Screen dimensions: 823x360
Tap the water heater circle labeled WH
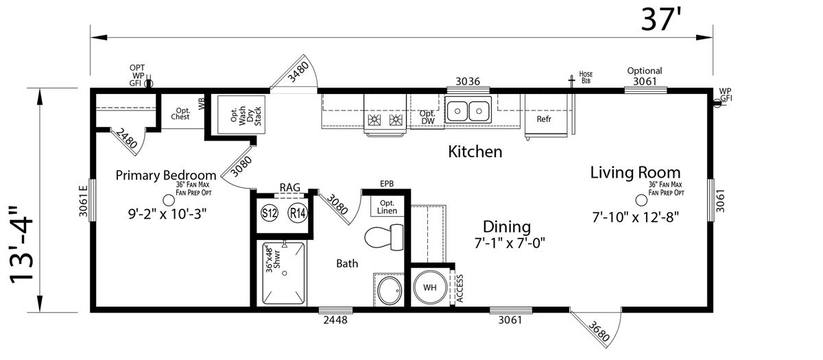point(430,287)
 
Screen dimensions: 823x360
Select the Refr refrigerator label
point(544,119)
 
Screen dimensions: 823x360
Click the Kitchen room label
point(475,152)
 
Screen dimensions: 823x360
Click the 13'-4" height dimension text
point(21,245)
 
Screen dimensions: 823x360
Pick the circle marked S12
point(270,213)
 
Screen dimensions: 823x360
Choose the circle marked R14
point(297,213)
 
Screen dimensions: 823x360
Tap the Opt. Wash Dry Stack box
point(241,115)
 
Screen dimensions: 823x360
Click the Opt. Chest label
point(180,114)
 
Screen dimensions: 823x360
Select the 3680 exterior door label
point(599,331)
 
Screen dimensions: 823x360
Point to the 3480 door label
point(298,72)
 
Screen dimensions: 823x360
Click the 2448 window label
point(335,320)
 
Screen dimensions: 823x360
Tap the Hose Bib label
point(586,77)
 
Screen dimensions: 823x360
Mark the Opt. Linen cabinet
point(387,206)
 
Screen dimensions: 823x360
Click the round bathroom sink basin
point(390,291)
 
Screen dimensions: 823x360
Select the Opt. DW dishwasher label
point(427,117)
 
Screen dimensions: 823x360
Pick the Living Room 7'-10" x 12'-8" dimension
point(635,217)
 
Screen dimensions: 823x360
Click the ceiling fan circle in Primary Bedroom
point(169,200)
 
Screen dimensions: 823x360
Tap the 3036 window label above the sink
point(468,81)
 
